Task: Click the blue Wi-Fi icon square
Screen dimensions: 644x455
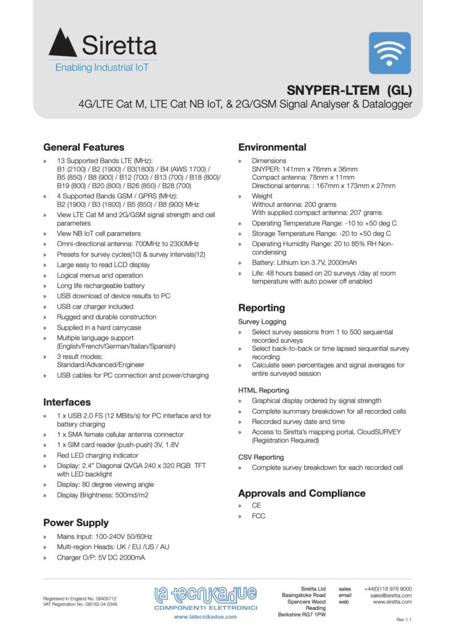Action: (389, 53)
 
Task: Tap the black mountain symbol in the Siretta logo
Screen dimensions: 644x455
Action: (63, 43)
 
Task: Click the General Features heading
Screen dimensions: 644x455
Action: (84, 147)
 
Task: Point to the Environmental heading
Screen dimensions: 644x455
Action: (272, 147)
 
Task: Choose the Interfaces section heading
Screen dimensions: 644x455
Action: (67, 402)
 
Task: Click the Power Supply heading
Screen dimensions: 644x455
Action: (75, 523)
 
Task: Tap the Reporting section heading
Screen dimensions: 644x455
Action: (261, 308)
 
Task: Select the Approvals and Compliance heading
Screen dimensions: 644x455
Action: (302, 493)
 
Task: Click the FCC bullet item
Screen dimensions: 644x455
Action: (258, 516)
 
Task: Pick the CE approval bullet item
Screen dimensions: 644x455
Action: (256, 505)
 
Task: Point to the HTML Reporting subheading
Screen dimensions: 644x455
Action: (263, 390)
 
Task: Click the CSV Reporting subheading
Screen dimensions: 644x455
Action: (261, 457)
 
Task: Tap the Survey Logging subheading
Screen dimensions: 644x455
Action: (262, 321)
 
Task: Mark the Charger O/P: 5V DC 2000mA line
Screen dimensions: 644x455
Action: (101, 557)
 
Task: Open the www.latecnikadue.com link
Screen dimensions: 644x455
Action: (206, 617)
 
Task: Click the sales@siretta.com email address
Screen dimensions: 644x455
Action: (391, 595)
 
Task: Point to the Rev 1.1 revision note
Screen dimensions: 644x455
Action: (403, 620)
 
